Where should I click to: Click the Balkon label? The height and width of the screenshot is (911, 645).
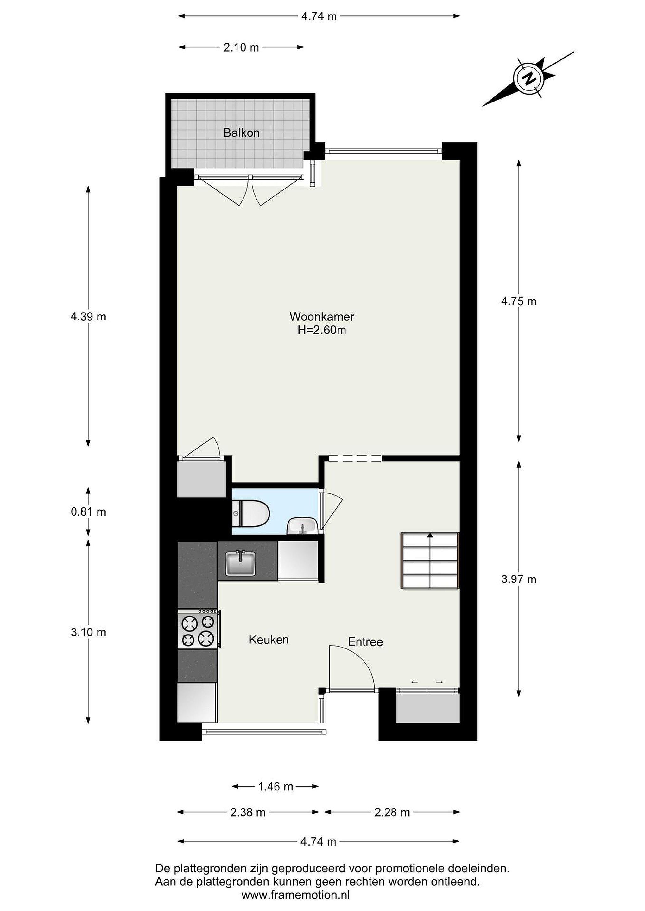pyautogui.click(x=241, y=133)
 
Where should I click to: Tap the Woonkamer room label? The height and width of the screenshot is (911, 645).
pyautogui.click(x=322, y=316)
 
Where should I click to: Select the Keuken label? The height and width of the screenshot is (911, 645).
pyautogui.click(x=269, y=640)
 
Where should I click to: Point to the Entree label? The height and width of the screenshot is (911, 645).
pyautogui.click(x=365, y=641)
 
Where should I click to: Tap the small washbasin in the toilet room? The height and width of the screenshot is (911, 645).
pyautogui.click(x=301, y=526)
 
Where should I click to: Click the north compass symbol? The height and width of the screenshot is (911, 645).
pyautogui.click(x=528, y=78)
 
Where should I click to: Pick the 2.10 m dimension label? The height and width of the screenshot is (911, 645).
pyautogui.click(x=241, y=48)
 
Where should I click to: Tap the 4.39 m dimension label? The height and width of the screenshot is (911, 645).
pyautogui.click(x=88, y=317)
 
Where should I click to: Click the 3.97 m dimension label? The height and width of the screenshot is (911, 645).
pyautogui.click(x=519, y=579)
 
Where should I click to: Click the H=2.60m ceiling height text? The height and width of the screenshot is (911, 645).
pyautogui.click(x=322, y=330)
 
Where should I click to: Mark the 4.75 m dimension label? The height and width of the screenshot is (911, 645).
pyautogui.click(x=519, y=301)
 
